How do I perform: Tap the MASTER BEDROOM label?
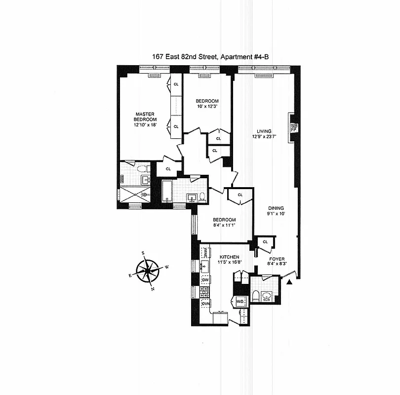pyautogui.click(x=145, y=117)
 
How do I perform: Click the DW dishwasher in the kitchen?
pyautogui.click(x=205, y=280)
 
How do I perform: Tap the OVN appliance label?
pyautogui.click(x=205, y=304)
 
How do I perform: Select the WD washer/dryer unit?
pyautogui.click(x=240, y=301)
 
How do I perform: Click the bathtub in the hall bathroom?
pyautogui.click(x=167, y=192)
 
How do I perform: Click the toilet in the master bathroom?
pyautogui.click(x=144, y=169)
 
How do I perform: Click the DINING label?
pyautogui.click(x=276, y=208)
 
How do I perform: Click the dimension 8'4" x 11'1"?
pyautogui.click(x=224, y=226)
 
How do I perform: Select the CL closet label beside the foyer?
pyautogui.click(x=265, y=241)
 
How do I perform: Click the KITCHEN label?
pyautogui.click(x=230, y=257)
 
